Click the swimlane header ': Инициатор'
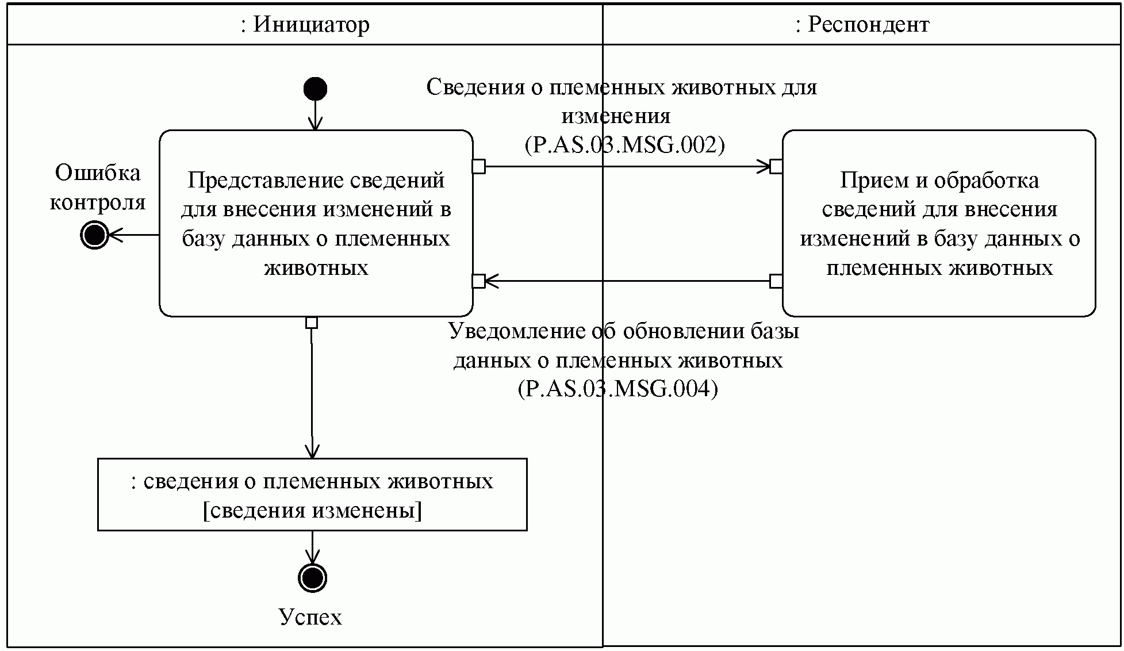pyautogui.click(x=305, y=25)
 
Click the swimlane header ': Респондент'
pyautogui.click(x=862, y=25)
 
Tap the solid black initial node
pyautogui.click(x=315, y=89)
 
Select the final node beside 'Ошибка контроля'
pyautogui.click(x=94, y=235)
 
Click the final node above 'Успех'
pyautogui.click(x=312, y=577)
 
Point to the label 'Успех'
pyautogui.click(x=310, y=617)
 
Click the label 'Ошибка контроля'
pyautogui.click(x=98, y=187)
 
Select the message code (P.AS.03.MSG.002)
pyautogui.click(x=624, y=144)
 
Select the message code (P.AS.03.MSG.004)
pyautogui.click(x=617, y=389)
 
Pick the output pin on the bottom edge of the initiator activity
pyautogui.click(x=312, y=323)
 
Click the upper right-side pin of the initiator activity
pyautogui.click(x=478, y=167)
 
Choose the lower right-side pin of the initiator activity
pyautogui.click(x=478, y=281)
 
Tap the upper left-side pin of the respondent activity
pyautogui.click(x=776, y=167)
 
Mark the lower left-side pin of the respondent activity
pyautogui.click(x=776, y=281)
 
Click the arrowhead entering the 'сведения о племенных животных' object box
pyautogui.click(x=312, y=451)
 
